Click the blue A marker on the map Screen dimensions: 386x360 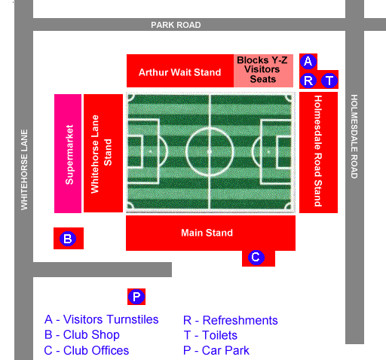[x=308, y=61]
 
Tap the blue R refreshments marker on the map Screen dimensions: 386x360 [x=308, y=81]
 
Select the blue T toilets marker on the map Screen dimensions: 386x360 [x=329, y=81]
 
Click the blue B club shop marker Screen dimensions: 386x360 [x=68, y=239]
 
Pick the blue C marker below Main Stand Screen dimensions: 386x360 [x=256, y=257]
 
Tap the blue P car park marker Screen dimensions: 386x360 [x=136, y=297]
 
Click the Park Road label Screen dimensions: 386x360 [x=176, y=25]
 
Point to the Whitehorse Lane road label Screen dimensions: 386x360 [x=24, y=169]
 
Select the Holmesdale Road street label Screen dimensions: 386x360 [x=354, y=136]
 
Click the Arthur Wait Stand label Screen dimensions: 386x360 [x=180, y=72]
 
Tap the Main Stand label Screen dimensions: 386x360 [x=207, y=233]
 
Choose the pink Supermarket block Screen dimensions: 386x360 [x=68, y=154]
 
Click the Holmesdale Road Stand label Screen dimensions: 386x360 [x=318, y=151]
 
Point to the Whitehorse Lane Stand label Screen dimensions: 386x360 [x=101, y=154]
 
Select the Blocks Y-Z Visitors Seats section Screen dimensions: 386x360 [x=263, y=71]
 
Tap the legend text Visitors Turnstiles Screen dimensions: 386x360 [x=111, y=319]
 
